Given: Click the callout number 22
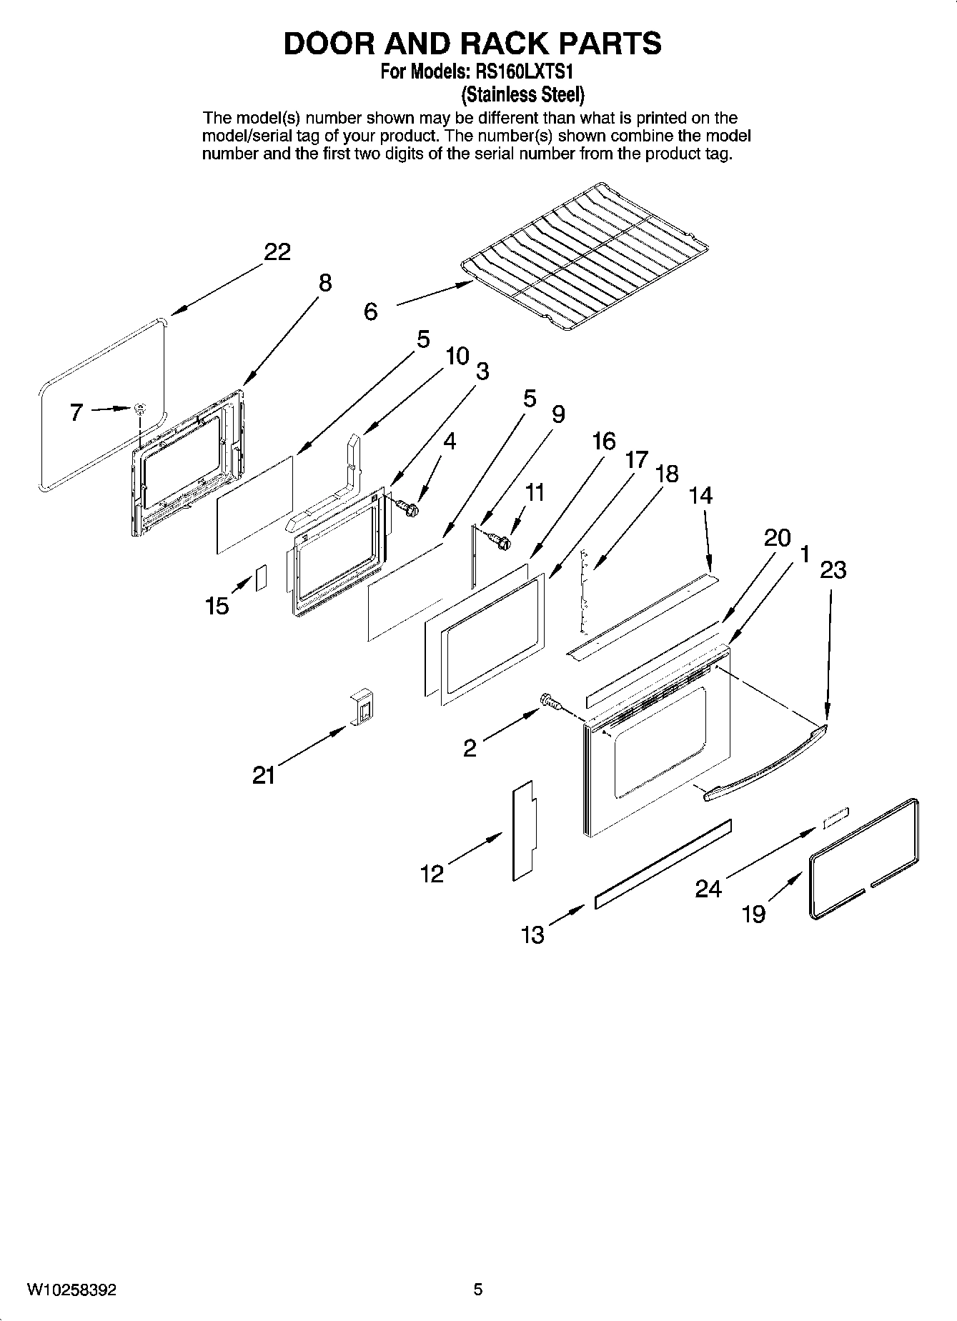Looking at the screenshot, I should (x=277, y=252).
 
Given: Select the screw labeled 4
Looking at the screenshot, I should (x=408, y=508).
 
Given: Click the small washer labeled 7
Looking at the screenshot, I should (x=140, y=409).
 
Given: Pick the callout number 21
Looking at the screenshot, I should (x=264, y=775).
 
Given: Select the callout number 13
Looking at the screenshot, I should (x=533, y=934).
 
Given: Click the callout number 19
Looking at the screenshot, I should (x=753, y=914).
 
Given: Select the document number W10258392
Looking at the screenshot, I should (x=72, y=1290).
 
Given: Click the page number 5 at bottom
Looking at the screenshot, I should (x=478, y=1290).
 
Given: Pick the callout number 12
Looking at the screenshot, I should (x=432, y=873).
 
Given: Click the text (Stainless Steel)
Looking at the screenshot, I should (x=522, y=94).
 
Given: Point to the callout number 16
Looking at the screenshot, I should (x=604, y=442).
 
